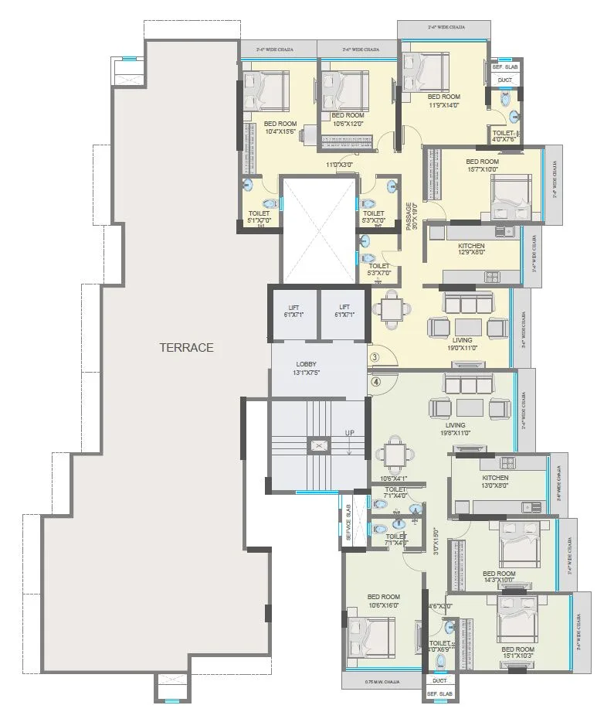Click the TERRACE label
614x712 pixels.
point(186,348)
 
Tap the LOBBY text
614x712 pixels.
point(307,364)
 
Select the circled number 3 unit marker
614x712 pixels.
point(375,358)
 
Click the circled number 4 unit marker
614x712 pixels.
point(375,380)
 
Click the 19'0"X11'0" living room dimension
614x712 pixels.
point(462,349)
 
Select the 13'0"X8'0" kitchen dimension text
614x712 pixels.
point(475,486)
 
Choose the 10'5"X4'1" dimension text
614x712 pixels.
point(395,478)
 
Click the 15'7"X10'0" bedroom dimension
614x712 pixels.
point(482,170)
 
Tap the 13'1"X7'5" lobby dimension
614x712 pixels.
point(307,373)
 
